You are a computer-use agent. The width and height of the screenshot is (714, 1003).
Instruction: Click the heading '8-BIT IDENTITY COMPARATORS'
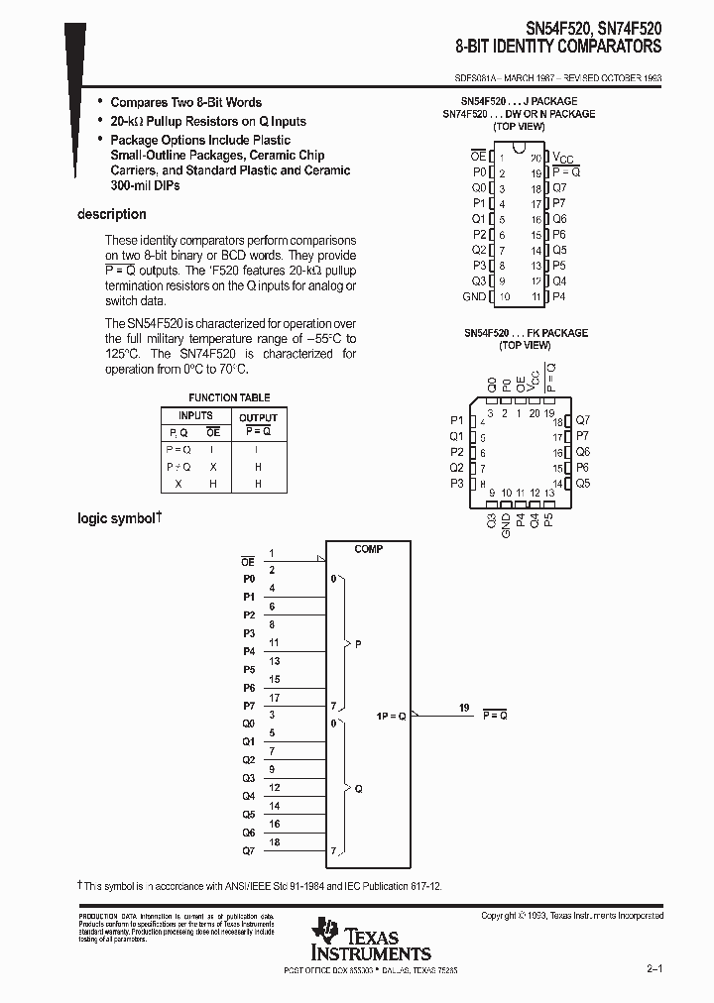coord(558,47)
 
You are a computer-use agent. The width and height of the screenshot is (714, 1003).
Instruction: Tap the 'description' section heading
coord(111,214)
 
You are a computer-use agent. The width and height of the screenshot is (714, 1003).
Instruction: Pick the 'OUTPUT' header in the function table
coord(258,417)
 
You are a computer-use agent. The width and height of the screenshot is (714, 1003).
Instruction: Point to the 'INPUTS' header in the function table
coord(195,416)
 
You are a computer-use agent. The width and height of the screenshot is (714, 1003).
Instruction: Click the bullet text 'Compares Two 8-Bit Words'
coord(185,102)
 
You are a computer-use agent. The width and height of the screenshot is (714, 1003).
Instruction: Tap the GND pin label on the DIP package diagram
coord(474,296)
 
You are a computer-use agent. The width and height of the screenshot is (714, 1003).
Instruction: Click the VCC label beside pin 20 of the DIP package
coord(562,158)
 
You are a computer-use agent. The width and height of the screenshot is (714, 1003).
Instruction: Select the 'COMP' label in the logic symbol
coord(368,549)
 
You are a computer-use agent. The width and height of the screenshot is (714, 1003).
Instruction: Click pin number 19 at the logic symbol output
coord(464,707)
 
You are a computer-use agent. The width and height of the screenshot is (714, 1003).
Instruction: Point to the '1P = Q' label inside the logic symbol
coord(391,716)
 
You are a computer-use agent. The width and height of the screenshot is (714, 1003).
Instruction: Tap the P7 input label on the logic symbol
coord(249,706)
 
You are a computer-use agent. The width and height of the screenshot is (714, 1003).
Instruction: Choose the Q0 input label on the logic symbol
coord(249,724)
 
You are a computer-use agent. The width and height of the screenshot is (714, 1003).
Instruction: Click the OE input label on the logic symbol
coord(248,561)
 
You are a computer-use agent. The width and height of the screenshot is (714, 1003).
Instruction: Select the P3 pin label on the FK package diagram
coord(456,483)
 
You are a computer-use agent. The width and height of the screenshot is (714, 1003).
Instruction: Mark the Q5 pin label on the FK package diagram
coord(582,483)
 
